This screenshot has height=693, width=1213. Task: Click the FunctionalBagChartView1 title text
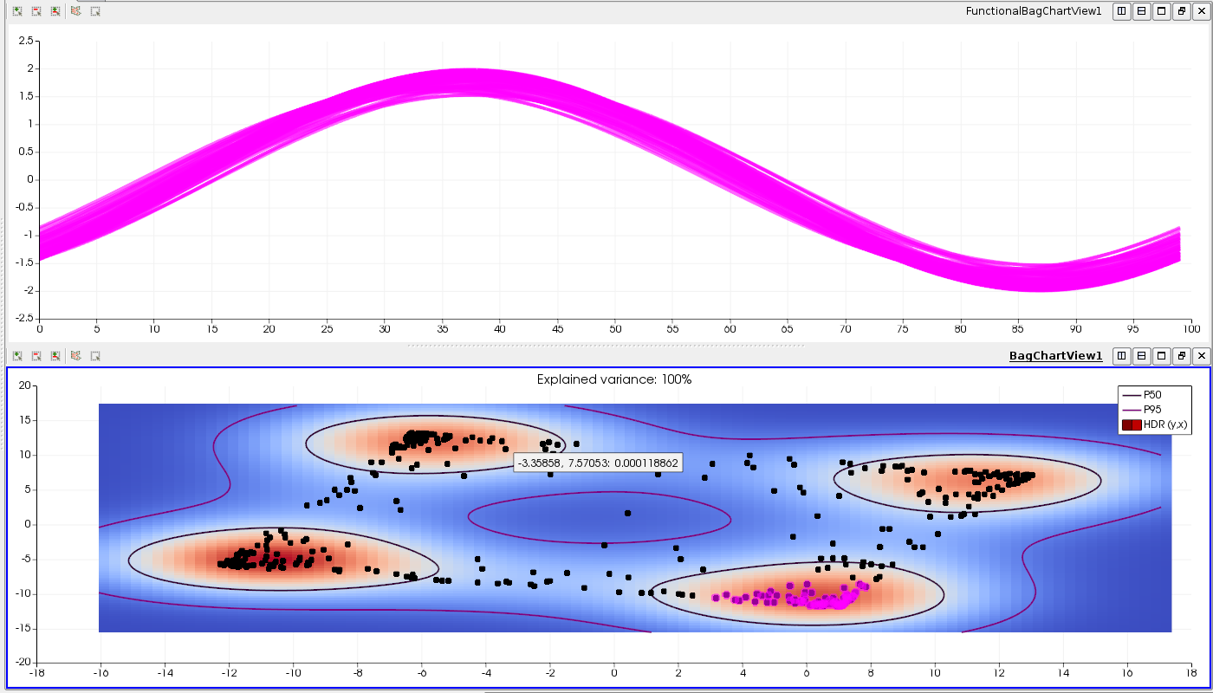pos(1034,11)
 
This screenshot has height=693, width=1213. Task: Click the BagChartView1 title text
pos(1055,356)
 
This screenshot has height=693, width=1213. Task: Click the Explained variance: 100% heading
pos(614,379)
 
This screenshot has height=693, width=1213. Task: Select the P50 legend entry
pos(1153,394)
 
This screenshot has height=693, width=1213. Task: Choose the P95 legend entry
pos(1153,410)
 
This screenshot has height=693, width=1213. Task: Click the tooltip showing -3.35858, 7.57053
pos(597,463)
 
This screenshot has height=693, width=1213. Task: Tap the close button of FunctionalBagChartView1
pos(1200,11)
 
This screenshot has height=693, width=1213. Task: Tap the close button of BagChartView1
pos(1200,356)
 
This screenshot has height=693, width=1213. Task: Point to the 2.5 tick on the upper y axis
pos(25,41)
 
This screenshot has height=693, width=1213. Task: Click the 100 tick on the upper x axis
pos(1191,329)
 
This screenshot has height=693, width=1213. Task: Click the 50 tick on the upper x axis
pos(615,329)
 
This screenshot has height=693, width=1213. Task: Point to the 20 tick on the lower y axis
pos(25,385)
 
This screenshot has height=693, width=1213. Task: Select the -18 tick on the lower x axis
pos(36,672)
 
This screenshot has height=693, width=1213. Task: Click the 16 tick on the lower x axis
pos(1127,672)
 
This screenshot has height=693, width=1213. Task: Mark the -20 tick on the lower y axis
pos(23,663)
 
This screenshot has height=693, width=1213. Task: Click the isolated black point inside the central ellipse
pos(628,513)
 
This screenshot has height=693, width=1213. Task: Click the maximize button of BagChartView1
pos(1160,356)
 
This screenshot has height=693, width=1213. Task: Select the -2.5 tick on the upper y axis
pos(23,318)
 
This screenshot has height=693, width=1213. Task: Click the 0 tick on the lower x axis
pos(614,672)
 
